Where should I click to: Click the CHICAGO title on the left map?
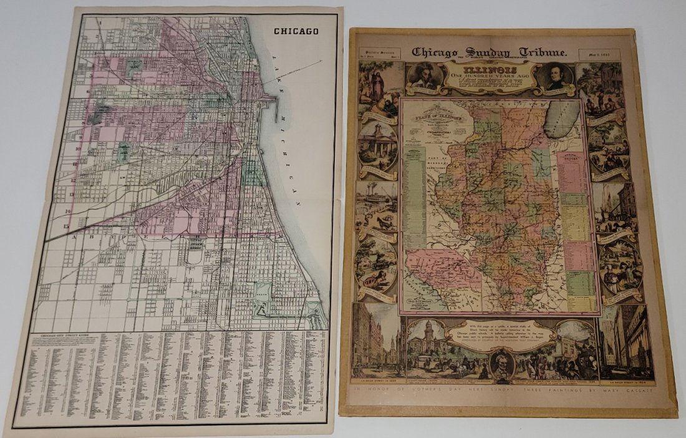[x=296, y=31]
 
